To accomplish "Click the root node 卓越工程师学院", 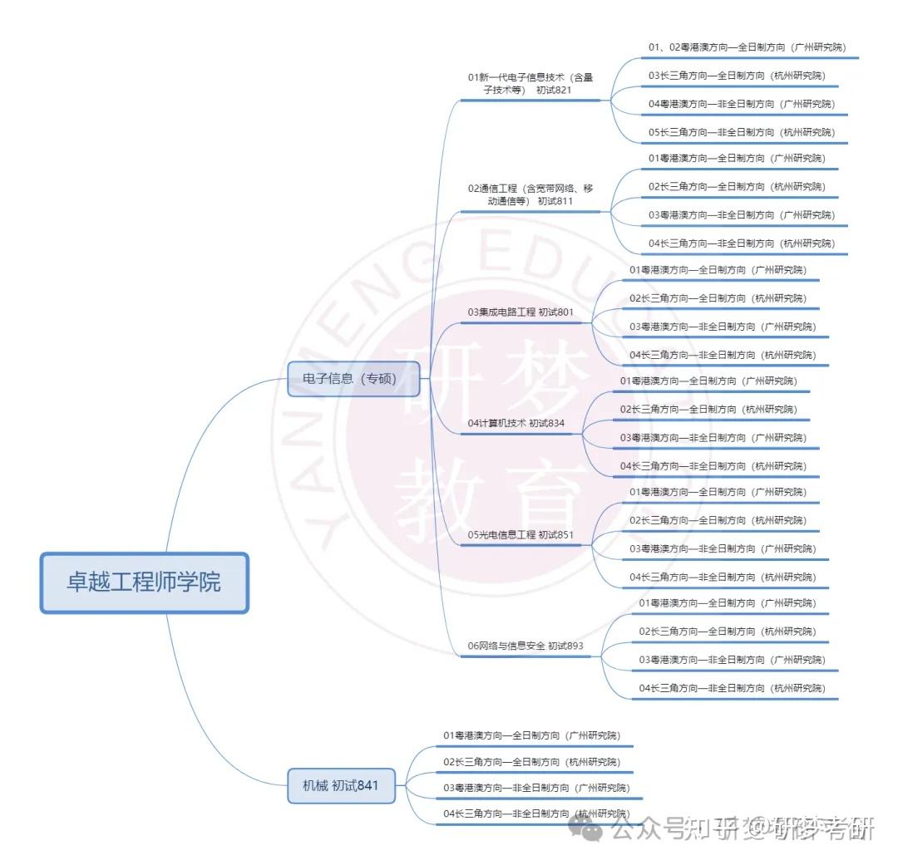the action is (x=144, y=582).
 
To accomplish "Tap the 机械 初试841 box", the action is (x=341, y=785).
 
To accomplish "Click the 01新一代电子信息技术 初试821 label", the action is (x=530, y=83).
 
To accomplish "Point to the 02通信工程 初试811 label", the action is (x=530, y=194).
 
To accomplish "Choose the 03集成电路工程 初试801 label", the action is (x=520, y=312).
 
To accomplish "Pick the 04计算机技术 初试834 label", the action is (x=516, y=424).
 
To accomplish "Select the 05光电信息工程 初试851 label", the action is (x=520, y=535).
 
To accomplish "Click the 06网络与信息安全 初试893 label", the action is (x=525, y=646).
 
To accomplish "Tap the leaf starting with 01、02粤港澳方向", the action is (x=747, y=47).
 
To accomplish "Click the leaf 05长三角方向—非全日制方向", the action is (x=742, y=132).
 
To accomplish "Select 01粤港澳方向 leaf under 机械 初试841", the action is (x=530, y=735).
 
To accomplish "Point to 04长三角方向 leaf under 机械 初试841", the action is (x=535, y=813).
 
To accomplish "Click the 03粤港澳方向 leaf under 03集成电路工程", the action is (x=723, y=327).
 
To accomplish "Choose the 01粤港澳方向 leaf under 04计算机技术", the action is (x=708, y=381).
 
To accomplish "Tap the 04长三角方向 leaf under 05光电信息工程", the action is (x=723, y=577).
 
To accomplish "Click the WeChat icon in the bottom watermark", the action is (x=589, y=828).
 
